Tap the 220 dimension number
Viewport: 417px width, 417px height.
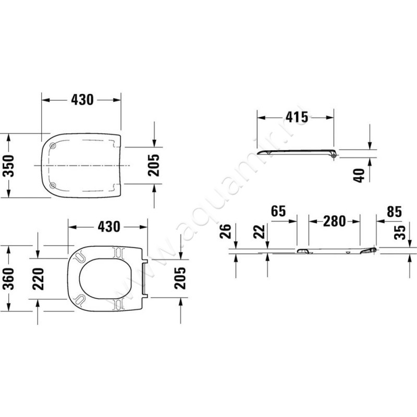pyautogui.click(x=38, y=279)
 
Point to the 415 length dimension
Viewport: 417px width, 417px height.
pyautogui.click(x=297, y=117)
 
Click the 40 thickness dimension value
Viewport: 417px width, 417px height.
pyautogui.click(x=359, y=176)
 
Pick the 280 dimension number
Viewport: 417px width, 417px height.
pyautogui.click(x=334, y=221)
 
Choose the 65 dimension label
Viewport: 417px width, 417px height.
pyautogui.click(x=278, y=211)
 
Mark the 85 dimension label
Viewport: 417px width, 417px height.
pyautogui.click(x=394, y=212)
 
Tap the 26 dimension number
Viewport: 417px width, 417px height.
pyautogui.click(x=225, y=231)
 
